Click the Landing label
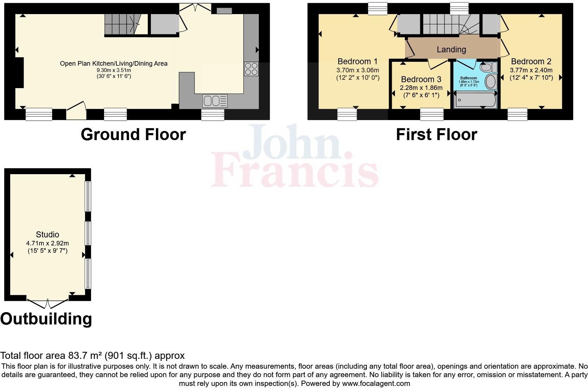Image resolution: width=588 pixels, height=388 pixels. [x=451, y=50]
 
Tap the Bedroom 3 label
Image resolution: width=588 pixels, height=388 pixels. [x=421, y=79]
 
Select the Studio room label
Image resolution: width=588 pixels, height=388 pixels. [x=47, y=235]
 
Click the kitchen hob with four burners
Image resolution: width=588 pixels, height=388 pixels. [x=251, y=69]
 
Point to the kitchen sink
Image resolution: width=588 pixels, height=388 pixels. [x=215, y=101]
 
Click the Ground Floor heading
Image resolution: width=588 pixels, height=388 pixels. [x=133, y=134]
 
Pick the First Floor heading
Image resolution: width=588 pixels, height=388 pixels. [x=436, y=134]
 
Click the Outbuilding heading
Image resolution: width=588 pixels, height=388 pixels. [x=46, y=319]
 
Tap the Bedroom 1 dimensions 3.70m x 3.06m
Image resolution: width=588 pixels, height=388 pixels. [x=358, y=70]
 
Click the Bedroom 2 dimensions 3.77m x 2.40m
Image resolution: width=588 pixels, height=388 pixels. [x=531, y=70]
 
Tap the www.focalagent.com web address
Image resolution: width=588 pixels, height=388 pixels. [x=376, y=383]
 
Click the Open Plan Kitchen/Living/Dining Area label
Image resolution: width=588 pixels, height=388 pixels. [x=114, y=64]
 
